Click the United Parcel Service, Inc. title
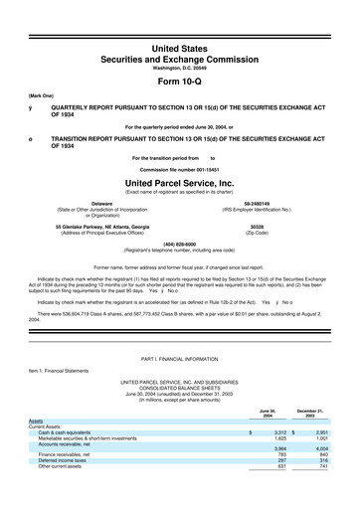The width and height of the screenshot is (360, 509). coord(179,183)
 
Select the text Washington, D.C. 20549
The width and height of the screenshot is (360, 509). coord(179,39)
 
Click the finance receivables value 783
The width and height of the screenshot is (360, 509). coord(280,482)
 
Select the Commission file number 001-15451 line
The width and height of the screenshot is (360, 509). coord(179,166)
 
